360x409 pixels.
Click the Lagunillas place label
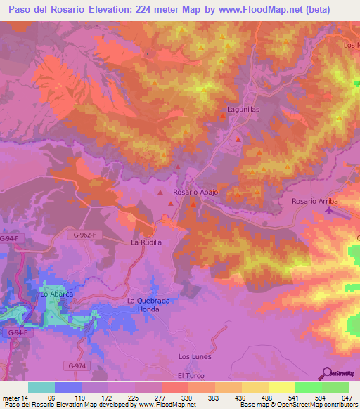click(243, 110)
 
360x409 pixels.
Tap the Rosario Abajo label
click(196, 192)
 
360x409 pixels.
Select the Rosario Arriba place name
click(314, 201)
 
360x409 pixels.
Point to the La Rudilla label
click(146, 242)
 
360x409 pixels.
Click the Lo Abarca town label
click(57, 294)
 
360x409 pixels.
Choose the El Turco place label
click(190, 376)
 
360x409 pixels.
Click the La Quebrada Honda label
click(148, 305)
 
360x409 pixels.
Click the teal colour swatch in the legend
click(41, 387)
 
